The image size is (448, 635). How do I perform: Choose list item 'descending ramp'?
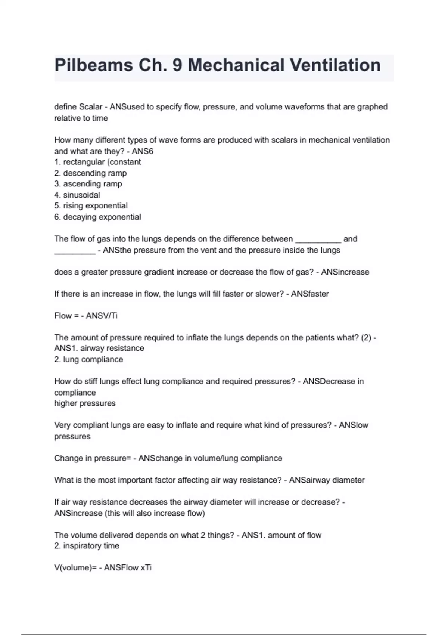95,173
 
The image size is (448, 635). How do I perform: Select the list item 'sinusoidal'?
81,195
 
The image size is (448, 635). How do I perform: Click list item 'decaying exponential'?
102,217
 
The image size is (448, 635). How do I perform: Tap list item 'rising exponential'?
95,206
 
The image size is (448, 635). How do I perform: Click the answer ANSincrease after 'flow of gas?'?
345,272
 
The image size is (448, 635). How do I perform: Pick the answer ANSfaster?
310,294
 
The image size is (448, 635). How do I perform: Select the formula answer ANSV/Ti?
102,316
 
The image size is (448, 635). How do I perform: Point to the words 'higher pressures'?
85,403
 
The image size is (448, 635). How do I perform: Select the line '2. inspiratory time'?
87,546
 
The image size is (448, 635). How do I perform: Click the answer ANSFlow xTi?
128,568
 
